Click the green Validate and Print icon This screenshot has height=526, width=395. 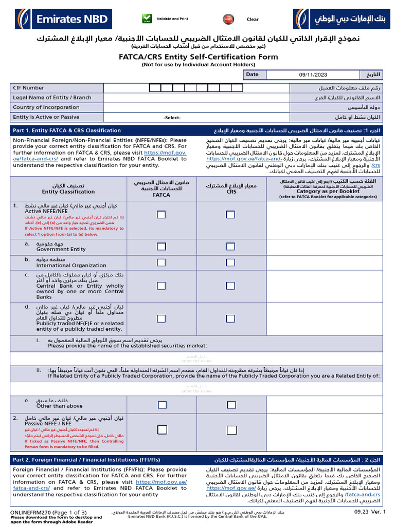pos(148,19)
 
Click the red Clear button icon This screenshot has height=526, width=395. pos(227,20)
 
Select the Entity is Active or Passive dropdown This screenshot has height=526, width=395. pos(172,118)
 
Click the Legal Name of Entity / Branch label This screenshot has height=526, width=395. pos(52,98)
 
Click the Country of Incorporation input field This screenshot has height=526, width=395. pos(197,107)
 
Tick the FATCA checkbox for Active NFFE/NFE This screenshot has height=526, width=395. pos(161,214)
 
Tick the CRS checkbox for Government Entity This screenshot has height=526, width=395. pos(230,247)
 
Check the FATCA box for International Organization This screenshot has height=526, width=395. pos(161,262)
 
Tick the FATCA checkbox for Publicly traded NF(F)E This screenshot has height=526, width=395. pos(161,319)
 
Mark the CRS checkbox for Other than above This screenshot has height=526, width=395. pos(230,404)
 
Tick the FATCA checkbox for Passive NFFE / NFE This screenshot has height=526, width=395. pos(161,429)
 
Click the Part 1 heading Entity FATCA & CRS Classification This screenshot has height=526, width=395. pos(67,130)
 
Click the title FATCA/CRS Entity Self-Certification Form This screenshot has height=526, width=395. pos(197,57)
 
